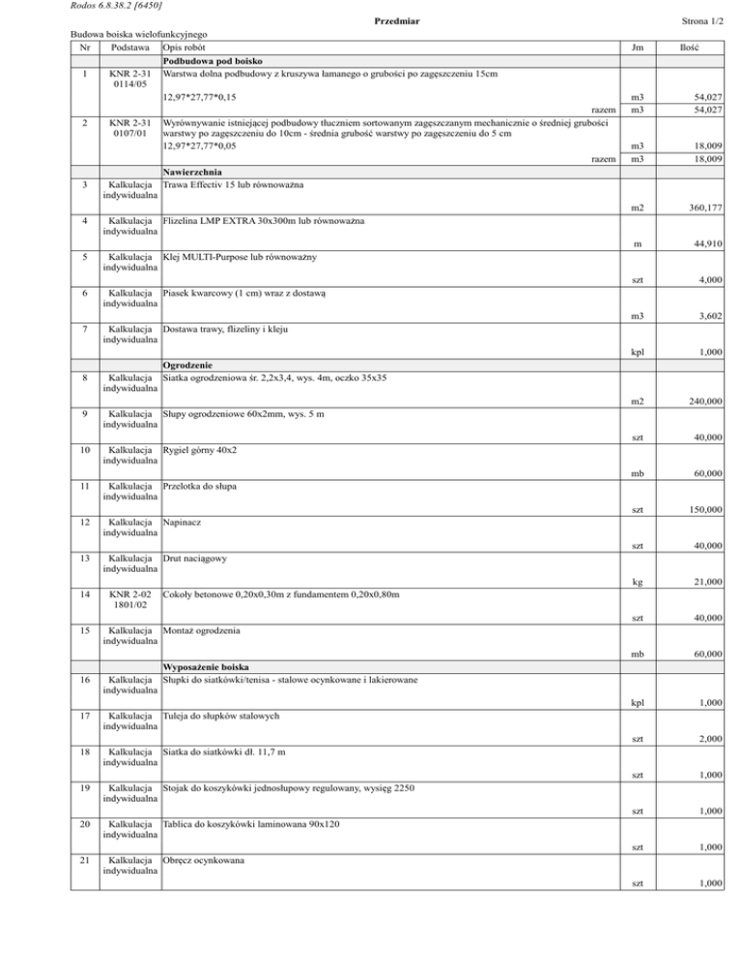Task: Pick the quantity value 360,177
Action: pyautogui.click(x=704, y=209)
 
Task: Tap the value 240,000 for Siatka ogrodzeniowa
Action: pyautogui.click(x=704, y=402)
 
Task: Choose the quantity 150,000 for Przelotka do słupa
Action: pyautogui.click(x=704, y=509)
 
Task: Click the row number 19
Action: pyautogui.click(x=85, y=788)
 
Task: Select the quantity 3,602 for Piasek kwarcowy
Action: pyautogui.click(x=710, y=318)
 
